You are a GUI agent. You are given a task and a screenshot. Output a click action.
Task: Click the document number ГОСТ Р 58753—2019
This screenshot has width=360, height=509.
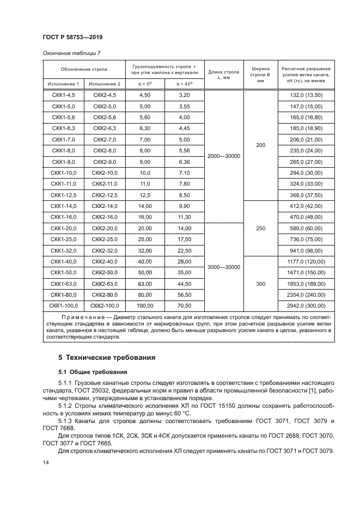72,38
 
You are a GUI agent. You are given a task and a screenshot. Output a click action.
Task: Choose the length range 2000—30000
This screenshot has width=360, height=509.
224,156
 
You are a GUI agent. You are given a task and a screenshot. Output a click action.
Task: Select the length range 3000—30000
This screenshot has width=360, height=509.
224,267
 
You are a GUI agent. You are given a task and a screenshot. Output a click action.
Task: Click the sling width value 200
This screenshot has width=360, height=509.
260,145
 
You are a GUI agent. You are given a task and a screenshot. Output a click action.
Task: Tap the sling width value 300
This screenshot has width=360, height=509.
260,284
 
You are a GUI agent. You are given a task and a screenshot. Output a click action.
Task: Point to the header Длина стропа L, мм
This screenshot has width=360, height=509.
224,75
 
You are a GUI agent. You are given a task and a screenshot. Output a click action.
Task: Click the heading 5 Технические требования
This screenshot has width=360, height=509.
107,358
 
